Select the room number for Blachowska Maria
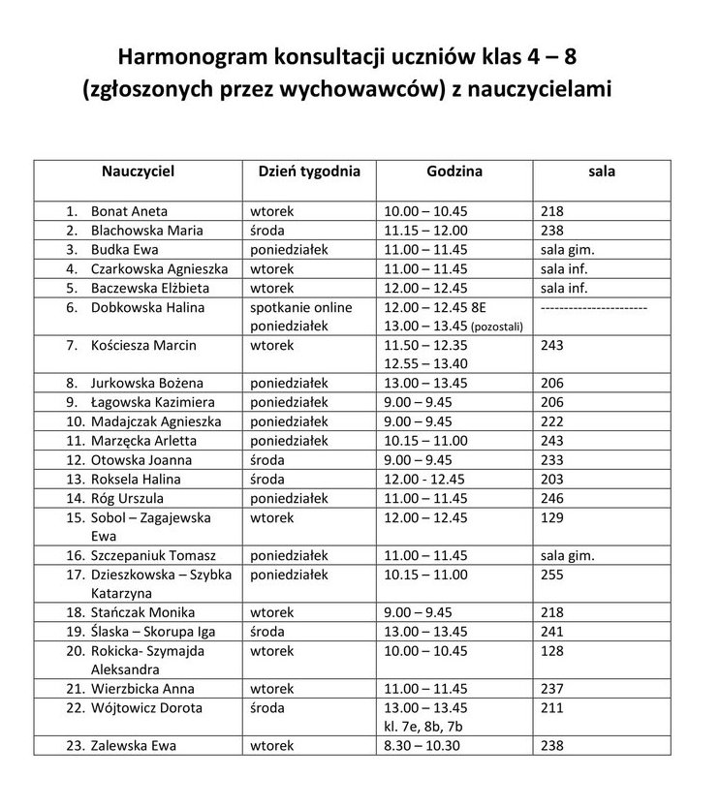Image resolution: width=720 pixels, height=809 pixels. click(553, 230)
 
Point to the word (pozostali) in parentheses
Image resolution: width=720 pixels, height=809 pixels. click(496, 327)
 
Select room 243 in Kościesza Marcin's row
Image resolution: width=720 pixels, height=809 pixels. click(553, 345)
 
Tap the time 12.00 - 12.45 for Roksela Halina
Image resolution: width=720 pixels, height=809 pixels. click(424, 479)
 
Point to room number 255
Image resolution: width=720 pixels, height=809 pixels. click(553, 575)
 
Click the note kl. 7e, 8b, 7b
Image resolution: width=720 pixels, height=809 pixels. click(425, 727)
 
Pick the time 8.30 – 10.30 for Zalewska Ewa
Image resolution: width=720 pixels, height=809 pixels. click(423, 746)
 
